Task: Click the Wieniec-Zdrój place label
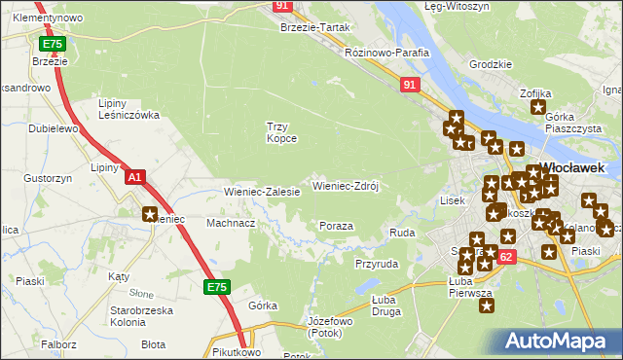(x=345, y=185)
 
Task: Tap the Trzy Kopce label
(x=281, y=132)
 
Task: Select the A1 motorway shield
(x=135, y=178)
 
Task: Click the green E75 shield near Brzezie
(x=53, y=45)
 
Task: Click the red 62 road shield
(x=504, y=256)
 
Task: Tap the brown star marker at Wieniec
(x=150, y=215)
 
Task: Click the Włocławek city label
(x=570, y=166)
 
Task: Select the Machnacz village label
(x=231, y=223)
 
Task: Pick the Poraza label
(x=336, y=226)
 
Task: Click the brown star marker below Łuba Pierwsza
(x=487, y=305)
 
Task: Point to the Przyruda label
(x=377, y=264)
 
